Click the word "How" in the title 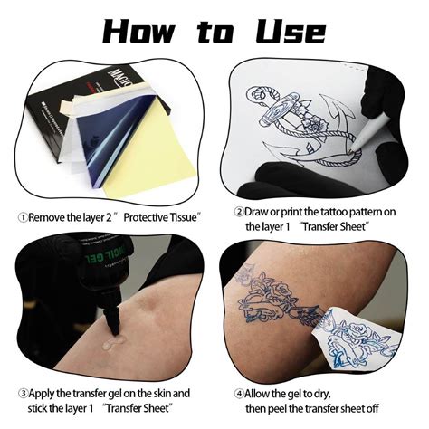(x=139, y=32)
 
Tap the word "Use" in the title (x=291, y=32)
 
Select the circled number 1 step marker (x=23, y=217)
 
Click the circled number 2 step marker (x=239, y=212)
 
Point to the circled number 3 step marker (x=23, y=393)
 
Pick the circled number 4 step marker (x=239, y=394)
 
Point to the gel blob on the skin (x=113, y=342)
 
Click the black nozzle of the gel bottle (x=112, y=319)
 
